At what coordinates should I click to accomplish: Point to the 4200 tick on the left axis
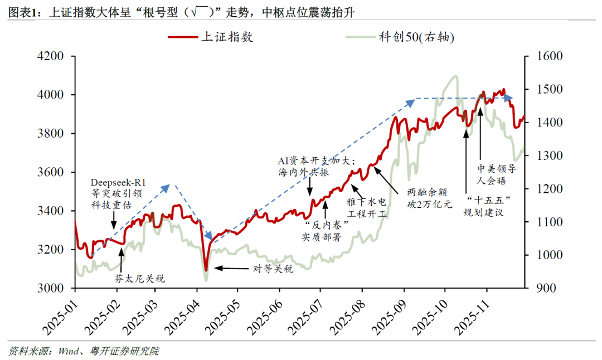[52, 56]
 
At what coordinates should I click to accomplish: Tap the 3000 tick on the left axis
[52, 288]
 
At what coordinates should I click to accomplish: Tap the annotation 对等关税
[274, 268]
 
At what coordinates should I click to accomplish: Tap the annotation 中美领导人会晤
[498, 173]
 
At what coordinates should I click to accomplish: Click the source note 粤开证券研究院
[127, 351]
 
